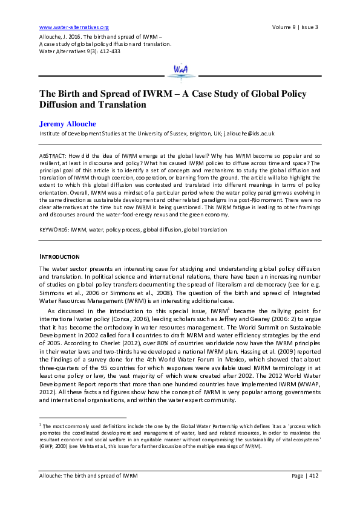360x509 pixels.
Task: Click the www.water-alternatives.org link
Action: (73, 27)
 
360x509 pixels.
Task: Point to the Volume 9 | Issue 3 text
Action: (295, 27)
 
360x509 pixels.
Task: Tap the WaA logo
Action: (180, 70)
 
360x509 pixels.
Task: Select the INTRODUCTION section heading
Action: (60, 256)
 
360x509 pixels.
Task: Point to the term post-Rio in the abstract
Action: (262, 197)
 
